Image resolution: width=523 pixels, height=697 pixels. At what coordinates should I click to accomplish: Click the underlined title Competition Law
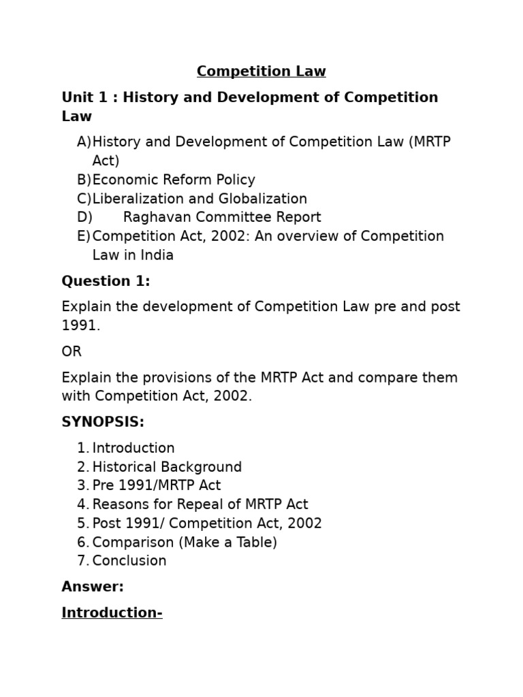click(x=261, y=71)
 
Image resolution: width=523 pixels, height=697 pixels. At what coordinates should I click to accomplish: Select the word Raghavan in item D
click(x=153, y=217)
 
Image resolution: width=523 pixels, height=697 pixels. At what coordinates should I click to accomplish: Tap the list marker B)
click(x=84, y=180)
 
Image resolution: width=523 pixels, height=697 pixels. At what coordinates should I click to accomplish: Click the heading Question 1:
click(x=106, y=281)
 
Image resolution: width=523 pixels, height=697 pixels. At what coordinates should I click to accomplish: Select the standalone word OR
click(x=72, y=352)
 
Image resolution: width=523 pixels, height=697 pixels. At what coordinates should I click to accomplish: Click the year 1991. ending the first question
click(x=80, y=325)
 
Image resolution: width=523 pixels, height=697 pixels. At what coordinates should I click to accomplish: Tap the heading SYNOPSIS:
click(x=103, y=422)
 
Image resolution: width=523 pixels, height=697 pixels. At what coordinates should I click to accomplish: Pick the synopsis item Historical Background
click(x=167, y=467)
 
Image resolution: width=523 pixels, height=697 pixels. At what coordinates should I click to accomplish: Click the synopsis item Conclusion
click(x=129, y=561)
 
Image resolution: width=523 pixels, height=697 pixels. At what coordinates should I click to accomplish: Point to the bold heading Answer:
click(x=93, y=587)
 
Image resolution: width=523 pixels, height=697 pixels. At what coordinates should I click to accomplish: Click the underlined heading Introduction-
click(x=112, y=613)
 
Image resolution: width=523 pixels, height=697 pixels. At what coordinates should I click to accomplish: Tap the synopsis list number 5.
click(x=82, y=523)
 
